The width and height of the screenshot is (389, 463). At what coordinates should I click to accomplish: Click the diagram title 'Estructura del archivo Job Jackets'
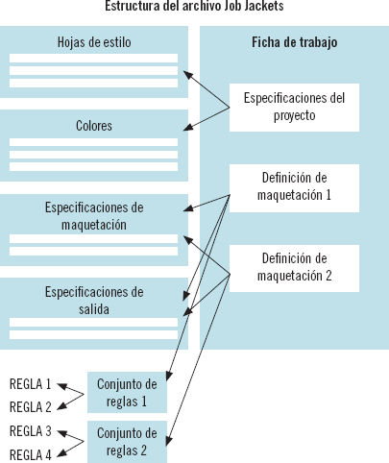[x=194, y=7]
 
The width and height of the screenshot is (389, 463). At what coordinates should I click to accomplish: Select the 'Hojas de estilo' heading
[x=94, y=42]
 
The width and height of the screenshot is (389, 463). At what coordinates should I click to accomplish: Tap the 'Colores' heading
[x=94, y=126]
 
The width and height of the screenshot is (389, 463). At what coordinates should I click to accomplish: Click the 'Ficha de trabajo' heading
[x=294, y=42]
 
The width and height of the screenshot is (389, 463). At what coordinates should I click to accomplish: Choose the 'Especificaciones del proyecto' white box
[x=294, y=106]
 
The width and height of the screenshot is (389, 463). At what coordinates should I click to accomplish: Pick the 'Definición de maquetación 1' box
[x=294, y=186]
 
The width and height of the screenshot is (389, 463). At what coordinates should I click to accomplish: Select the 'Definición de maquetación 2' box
[x=294, y=267]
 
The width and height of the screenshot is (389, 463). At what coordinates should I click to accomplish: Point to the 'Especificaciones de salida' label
[x=94, y=300]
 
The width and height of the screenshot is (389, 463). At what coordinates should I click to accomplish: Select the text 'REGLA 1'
[x=30, y=384]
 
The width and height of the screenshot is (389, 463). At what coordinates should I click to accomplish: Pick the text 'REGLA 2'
[x=30, y=407]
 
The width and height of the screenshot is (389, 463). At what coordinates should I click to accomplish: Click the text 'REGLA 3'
[x=30, y=430]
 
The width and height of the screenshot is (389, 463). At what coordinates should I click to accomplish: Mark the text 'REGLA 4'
[x=30, y=453]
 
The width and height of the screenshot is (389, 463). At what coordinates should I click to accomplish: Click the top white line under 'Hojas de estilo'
[x=94, y=59]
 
